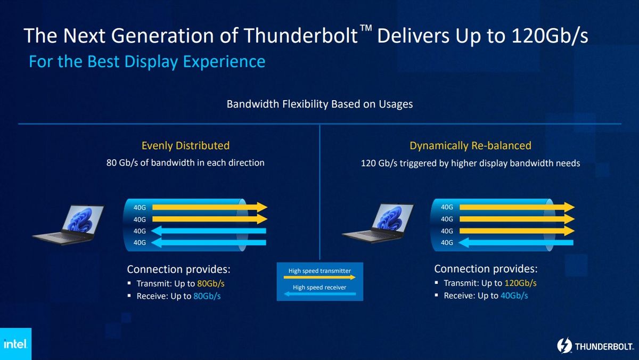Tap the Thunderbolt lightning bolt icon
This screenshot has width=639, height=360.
564,346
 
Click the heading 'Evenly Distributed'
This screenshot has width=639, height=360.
185,145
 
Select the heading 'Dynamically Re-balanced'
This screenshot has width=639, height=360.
470,145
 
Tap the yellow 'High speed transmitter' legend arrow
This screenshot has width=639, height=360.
319,277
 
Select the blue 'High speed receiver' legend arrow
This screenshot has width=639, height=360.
319,294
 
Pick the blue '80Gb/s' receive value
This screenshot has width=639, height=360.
207,296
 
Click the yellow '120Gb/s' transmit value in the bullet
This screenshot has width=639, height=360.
520,283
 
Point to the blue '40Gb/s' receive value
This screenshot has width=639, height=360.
514,296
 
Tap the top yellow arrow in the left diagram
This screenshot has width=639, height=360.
208,207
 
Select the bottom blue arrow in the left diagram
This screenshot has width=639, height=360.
208,243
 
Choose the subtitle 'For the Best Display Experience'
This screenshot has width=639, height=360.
147,62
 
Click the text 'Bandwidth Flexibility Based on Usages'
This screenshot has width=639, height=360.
319,104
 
